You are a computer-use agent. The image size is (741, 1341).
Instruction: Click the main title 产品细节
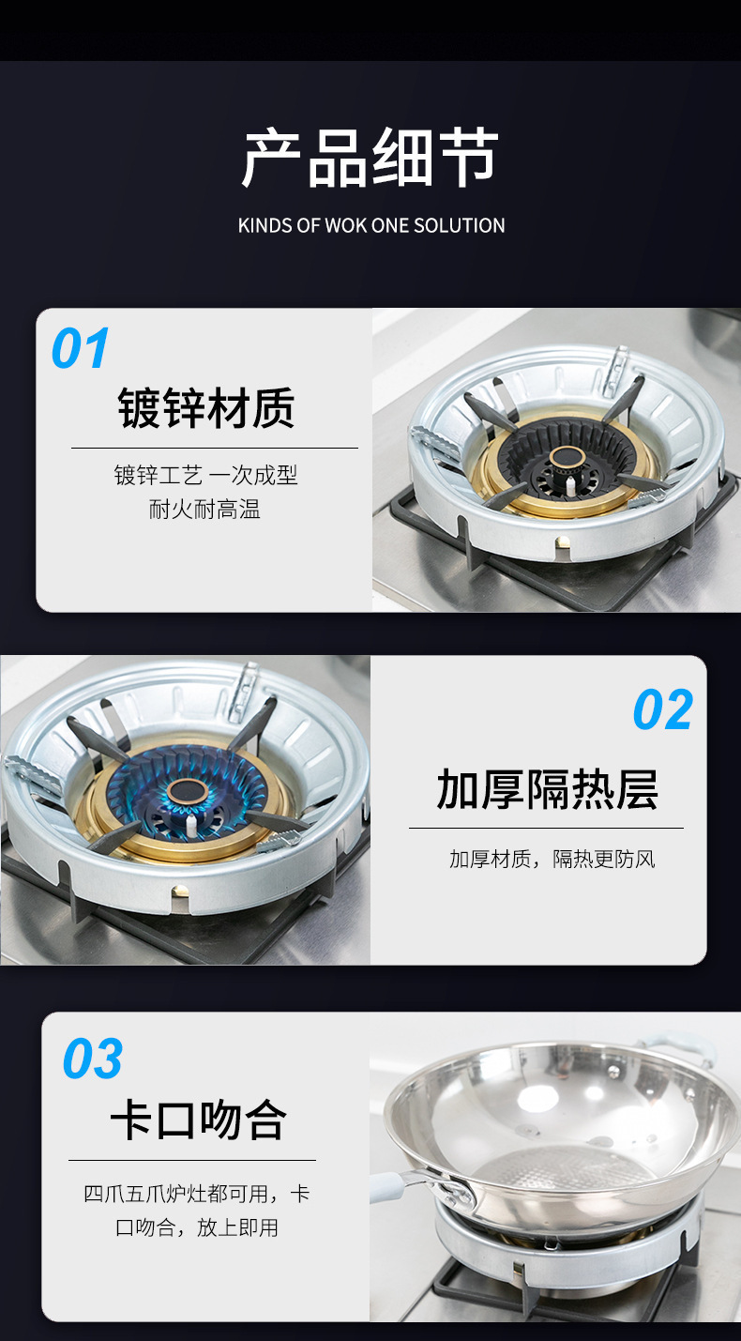(370, 158)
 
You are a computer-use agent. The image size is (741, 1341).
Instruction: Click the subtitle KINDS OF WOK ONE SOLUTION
(371, 226)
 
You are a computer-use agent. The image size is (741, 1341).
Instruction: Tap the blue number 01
(81, 348)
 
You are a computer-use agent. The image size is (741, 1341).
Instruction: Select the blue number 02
(663, 709)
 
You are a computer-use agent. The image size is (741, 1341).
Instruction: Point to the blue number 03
(93, 1059)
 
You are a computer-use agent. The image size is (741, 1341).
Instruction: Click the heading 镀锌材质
(206, 407)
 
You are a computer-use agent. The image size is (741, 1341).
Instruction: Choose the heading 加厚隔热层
(547, 789)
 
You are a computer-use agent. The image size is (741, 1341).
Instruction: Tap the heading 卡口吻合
(199, 1120)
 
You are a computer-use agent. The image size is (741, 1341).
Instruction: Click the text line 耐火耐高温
(204, 510)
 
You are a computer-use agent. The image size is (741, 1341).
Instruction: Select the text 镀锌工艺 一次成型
(206, 476)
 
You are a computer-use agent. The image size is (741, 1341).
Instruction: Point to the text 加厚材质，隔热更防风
(552, 859)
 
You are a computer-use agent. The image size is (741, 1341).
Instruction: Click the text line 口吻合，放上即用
(197, 1227)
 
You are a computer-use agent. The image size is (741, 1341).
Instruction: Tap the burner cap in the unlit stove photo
(568, 458)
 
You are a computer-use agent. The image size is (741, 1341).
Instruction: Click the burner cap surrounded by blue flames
(188, 792)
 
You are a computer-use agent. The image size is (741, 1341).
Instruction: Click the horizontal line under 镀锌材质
(214, 448)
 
